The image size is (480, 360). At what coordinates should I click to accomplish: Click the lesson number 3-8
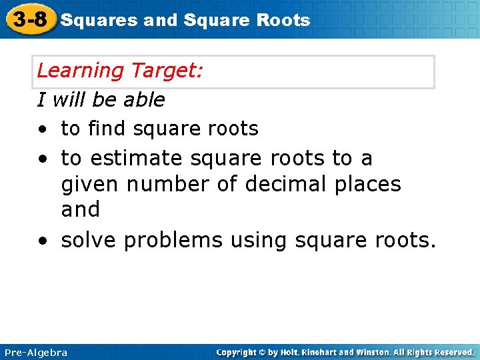click(x=29, y=19)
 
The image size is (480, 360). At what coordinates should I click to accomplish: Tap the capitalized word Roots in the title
click(x=285, y=20)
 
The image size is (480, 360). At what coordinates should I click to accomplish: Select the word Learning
click(x=81, y=71)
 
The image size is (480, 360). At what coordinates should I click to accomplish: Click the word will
click(x=70, y=100)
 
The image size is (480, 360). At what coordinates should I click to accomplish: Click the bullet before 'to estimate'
click(x=42, y=159)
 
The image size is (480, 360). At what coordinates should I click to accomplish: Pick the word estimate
click(x=137, y=159)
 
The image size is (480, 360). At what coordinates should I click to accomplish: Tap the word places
click(x=366, y=184)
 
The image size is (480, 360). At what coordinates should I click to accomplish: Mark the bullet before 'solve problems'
click(x=42, y=241)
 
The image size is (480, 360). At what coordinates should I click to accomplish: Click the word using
click(x=257, y=241)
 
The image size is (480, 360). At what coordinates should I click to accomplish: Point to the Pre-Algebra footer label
click(x=36, y=352)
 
